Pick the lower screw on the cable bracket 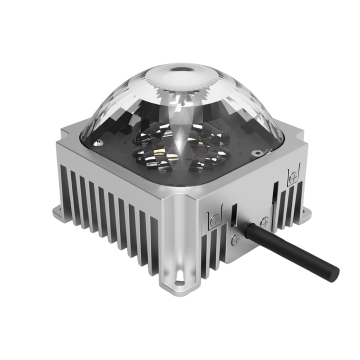click(236, 240)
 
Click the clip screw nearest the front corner click(215, 218)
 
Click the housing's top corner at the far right click(304, 135)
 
